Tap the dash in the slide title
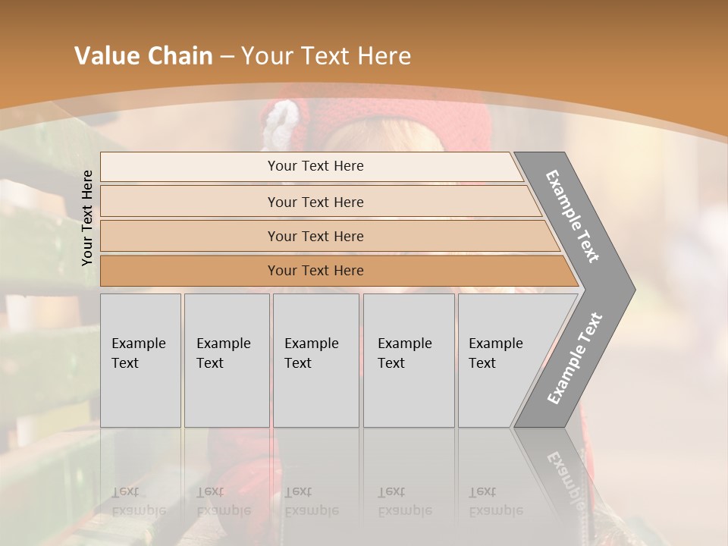[227, 57]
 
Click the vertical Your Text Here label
[87, 218]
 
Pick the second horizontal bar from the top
[315, 202]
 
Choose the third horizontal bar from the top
[315, 236]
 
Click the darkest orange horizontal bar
[315, 271]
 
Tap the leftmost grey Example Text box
[140, 360]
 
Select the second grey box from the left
[226, 360]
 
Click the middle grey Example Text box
[315, 360]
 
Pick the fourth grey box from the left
[408, 360]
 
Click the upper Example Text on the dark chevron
[573, 216]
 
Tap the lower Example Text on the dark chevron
[575, 359]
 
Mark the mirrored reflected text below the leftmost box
[138, 501]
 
